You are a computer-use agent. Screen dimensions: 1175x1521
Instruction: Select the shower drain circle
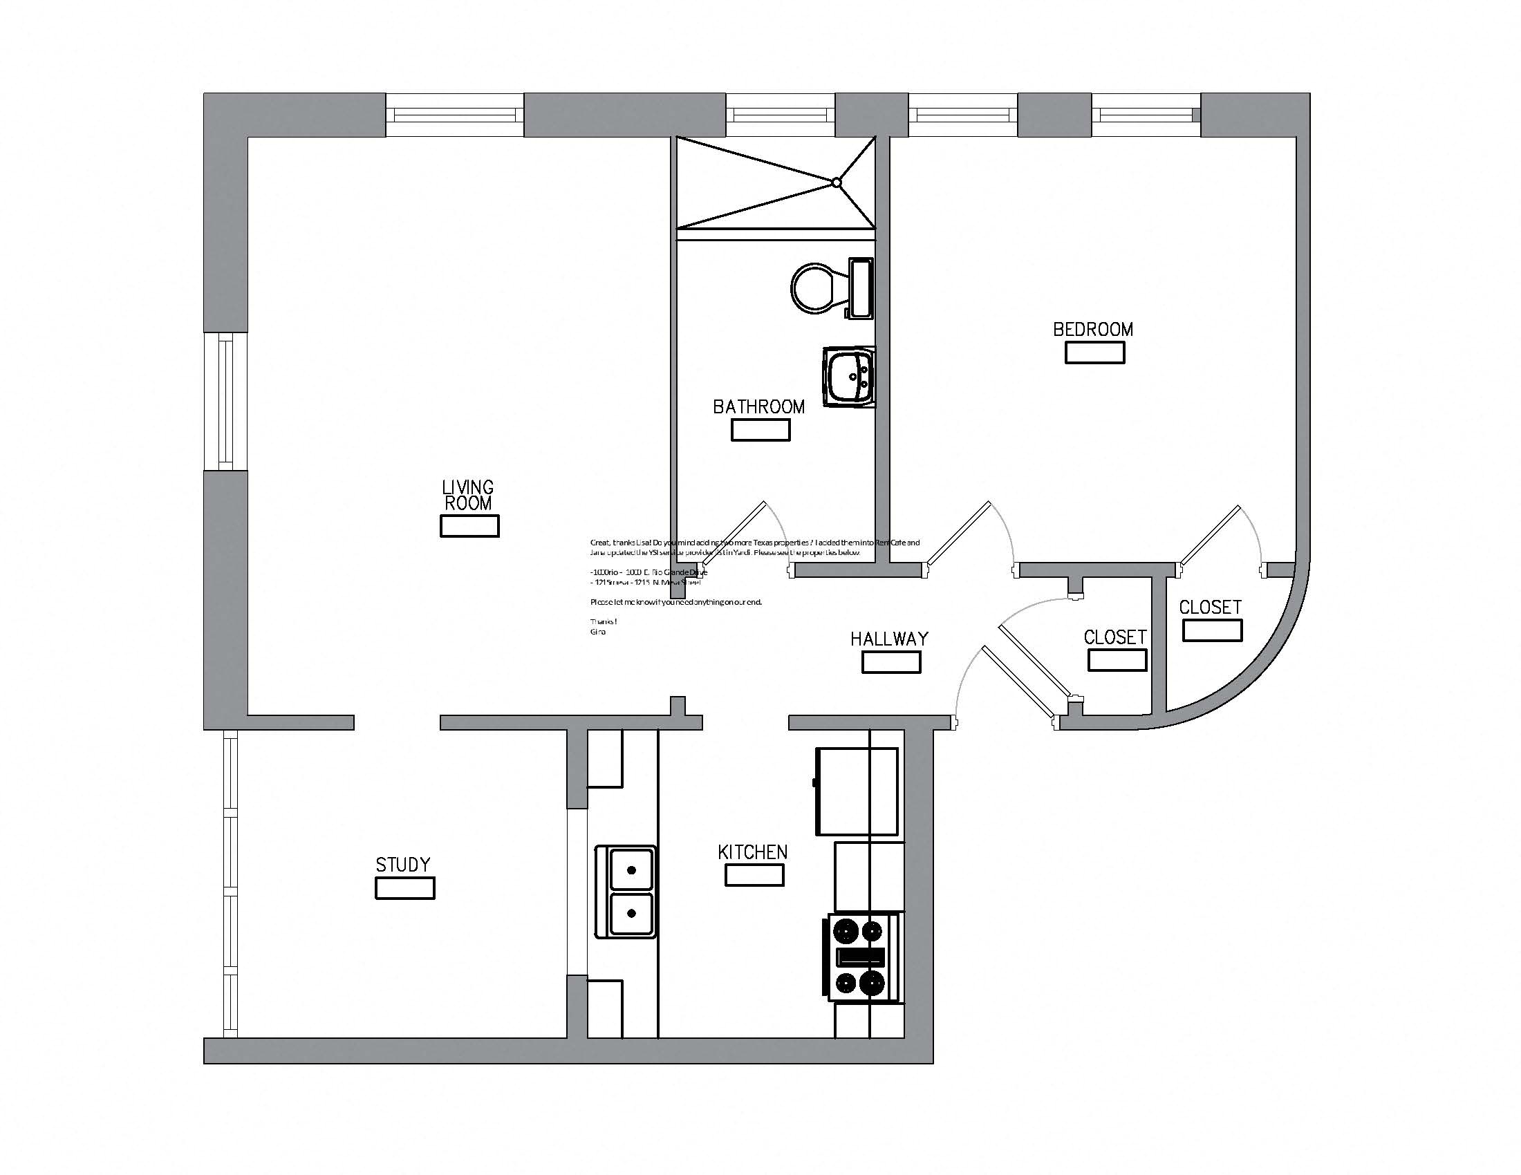pyautogui.click(x=837, y=183)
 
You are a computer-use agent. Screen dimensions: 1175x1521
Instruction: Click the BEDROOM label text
pyautogui.click(x=1092, y=329)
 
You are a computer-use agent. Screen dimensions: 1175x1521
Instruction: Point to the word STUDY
pyautogui.click(x=402, y=865)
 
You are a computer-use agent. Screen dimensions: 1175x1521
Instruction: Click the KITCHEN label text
pyautogui.click(x=752, y=852)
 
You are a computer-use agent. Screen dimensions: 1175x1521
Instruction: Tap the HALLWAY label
pyautogui.click(x=889, y=639)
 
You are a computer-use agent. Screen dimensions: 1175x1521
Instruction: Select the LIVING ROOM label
pyautogui.click(x=468, y=495)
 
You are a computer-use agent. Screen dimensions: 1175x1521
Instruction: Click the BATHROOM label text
pyautogui.click(x=758, y=406)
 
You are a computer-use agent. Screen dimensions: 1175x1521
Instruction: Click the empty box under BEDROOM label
pyautogui.click(x=1094, y=353)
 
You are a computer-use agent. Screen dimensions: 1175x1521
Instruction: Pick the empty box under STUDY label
pyautogui.click(x=404, y=888)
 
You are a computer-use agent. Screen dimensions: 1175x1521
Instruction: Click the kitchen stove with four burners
pyautogui.click(x=861, y=958)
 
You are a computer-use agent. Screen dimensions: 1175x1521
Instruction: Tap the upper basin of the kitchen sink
pyautogui.click(x=632, y=870)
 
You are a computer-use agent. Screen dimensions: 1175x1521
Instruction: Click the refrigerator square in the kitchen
pyautogui.click(x=856, y=791)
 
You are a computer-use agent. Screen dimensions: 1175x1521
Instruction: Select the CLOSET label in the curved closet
pyautogui.click(x=1210, y=607)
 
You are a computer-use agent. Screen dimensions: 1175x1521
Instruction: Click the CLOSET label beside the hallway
pyautogui.click(x=1115, y=637)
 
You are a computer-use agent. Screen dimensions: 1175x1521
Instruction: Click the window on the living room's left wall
pyautogui.click(x=225, y=401)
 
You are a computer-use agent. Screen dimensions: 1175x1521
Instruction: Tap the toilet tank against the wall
pyautogui.click(x=861, y=288)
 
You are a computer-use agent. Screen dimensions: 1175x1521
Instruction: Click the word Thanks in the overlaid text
pyautogui.click(x=603, y=621)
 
